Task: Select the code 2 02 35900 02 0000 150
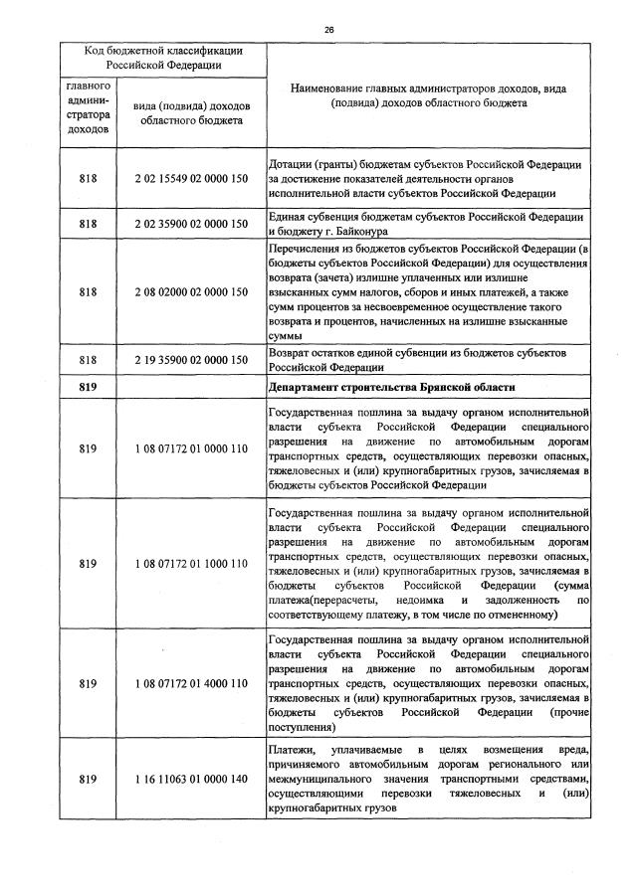(x=190, y=224)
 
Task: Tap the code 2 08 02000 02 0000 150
(x=190, y=294)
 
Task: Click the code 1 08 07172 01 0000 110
(x=190, y=448)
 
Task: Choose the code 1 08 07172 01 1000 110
(x=190, y=564)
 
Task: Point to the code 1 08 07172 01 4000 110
(x=190, y=684)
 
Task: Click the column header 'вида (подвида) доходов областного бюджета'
(x=190, y=112)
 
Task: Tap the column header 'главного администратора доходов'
(x=89, y=107)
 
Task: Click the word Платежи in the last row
(x=293, y=749)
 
